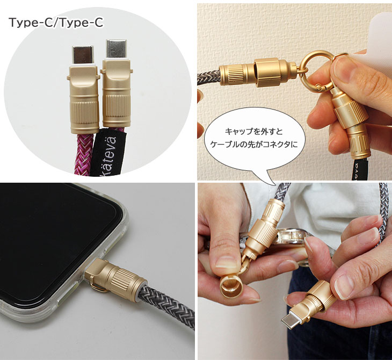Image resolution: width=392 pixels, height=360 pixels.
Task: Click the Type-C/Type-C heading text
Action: pyautogui.click(x=56, y=23)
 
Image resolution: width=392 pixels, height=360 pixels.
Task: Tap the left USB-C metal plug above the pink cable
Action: pyautogui.click(x=83, y=55)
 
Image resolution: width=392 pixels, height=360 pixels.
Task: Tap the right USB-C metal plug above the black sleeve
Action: pyautogui.click(x=117, y=49)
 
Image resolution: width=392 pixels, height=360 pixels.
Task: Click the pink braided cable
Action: pyautogui.click(x=84, y=153)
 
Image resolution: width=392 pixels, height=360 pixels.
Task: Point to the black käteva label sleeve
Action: pyautogui.click(x=108, y=153)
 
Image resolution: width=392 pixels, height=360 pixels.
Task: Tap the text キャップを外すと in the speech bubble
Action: pyautogui.click(x=254, y=132)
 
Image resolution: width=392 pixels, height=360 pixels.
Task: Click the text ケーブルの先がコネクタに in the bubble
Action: pyautogui.click(x=254, y=145)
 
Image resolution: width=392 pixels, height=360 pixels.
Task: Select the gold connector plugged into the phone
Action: pyautogui.click(x=114, y=279)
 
